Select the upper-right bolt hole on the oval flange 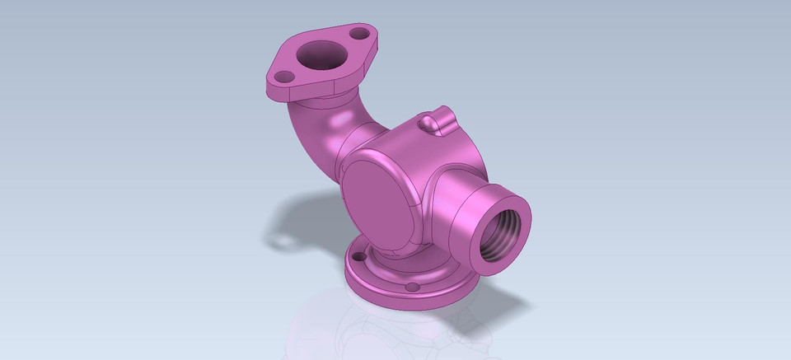click(x=358, y=34)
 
